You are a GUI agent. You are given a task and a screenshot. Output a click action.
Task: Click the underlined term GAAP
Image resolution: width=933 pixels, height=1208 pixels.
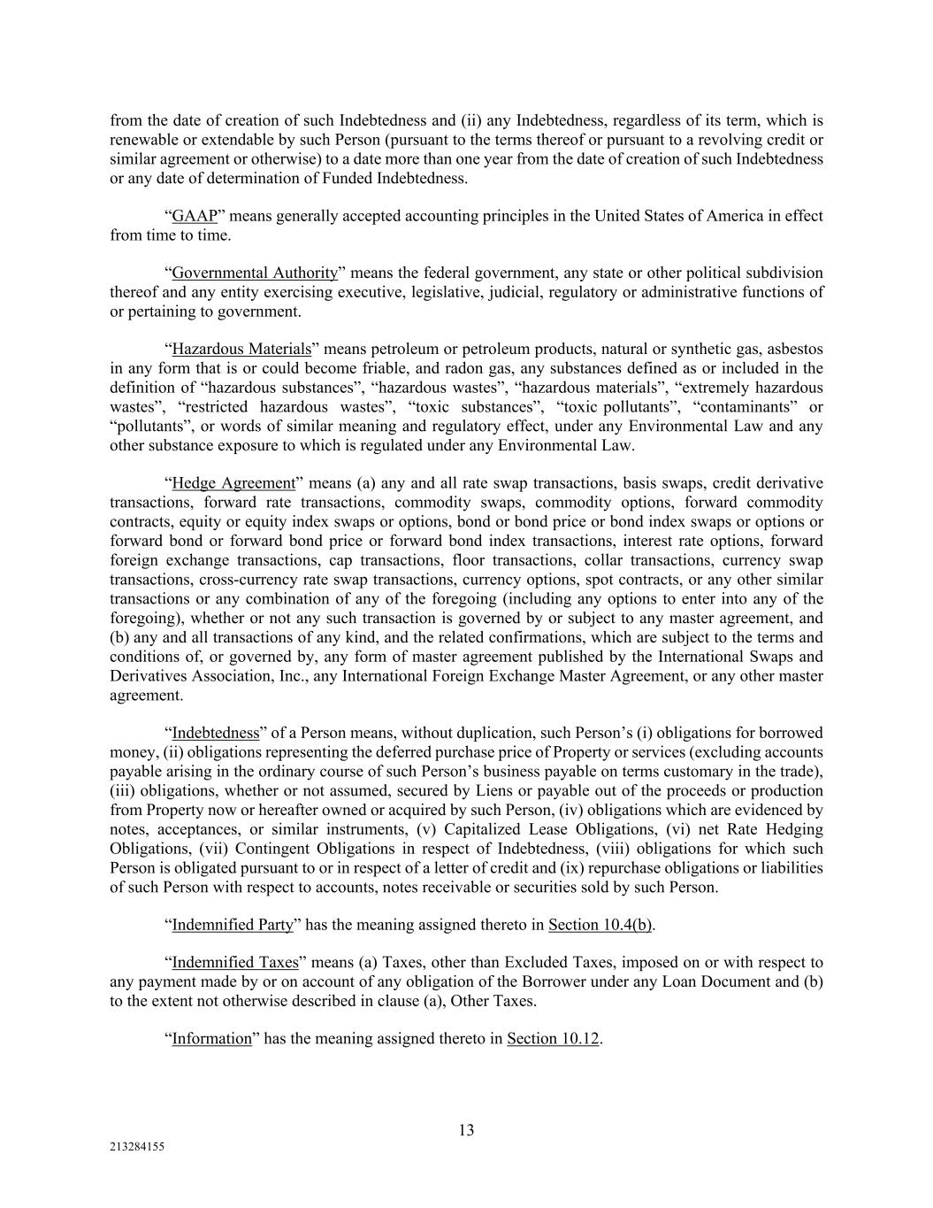[195, 217]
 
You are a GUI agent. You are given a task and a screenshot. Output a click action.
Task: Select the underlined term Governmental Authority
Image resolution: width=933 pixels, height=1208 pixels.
[255, 273]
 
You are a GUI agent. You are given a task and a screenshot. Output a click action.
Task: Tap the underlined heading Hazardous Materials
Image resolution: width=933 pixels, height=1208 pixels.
[241, 350]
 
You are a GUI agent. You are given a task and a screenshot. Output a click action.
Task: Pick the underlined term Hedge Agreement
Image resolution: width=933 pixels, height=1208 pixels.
[233, 483]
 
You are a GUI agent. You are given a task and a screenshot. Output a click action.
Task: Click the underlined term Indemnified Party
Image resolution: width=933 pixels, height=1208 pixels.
[233, 926]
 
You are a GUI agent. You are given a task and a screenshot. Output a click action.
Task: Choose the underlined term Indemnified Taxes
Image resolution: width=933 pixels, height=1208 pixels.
[234, 963]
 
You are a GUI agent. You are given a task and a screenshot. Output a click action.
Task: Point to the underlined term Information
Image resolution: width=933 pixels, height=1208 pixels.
[211, 1039]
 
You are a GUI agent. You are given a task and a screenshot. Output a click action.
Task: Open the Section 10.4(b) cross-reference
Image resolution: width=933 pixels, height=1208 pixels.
[600, 926]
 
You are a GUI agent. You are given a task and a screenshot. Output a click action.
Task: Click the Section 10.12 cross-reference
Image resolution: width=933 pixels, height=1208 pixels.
[554, 1039]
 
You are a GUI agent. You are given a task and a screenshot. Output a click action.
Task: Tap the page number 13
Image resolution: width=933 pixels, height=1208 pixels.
[466, 1130]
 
